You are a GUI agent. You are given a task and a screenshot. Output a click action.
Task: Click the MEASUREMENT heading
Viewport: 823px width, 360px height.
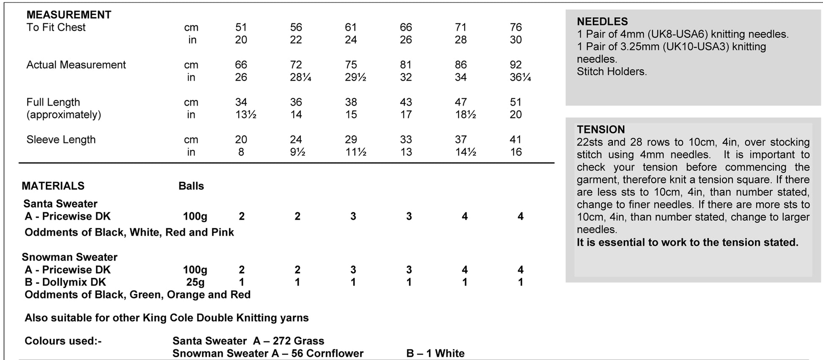click(x=69, y=15)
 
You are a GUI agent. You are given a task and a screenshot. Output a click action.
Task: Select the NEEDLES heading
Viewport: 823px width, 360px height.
click(x=602, y=22)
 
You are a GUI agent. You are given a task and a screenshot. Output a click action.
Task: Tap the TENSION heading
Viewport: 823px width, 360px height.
click(x=601, y=129)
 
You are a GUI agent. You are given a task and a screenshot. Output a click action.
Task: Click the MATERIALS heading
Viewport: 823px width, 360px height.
click(x=53, y=186)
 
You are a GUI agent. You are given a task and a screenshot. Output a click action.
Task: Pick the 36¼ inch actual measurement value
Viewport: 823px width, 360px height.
click(x=520, y=77)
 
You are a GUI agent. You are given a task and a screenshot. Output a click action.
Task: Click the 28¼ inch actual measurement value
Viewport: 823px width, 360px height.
click(x=300, y=77)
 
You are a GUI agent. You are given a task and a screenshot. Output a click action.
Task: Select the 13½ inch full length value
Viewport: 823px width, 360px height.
click(x=246, y=115)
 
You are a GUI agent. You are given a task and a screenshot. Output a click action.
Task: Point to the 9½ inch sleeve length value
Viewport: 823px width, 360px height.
click(x=298, y=152)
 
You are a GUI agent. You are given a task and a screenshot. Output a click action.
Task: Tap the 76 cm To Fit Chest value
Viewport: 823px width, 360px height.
click(x=516, y=27)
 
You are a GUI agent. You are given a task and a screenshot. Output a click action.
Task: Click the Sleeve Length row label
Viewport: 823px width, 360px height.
click(x=61, y=140)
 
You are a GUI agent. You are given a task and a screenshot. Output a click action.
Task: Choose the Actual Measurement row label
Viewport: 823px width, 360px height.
click(x=76, y=65)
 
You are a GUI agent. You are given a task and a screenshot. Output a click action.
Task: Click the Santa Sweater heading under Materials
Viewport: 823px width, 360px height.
click(x=60, y=204)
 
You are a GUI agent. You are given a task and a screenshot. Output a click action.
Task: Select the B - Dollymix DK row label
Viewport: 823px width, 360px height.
click(x=65, y=282)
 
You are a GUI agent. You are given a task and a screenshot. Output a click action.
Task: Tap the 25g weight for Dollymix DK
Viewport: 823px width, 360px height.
click(x=195, y=282)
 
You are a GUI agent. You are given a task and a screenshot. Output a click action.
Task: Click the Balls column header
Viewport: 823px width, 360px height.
click(x=191, y=186)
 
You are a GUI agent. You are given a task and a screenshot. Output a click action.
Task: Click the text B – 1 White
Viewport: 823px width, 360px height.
click(x=435, y=353)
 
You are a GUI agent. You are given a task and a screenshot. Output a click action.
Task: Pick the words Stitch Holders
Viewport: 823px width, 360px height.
click(x=612, y=71)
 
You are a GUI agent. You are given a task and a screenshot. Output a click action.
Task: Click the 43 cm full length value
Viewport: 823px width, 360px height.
click(x=406, y=102)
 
